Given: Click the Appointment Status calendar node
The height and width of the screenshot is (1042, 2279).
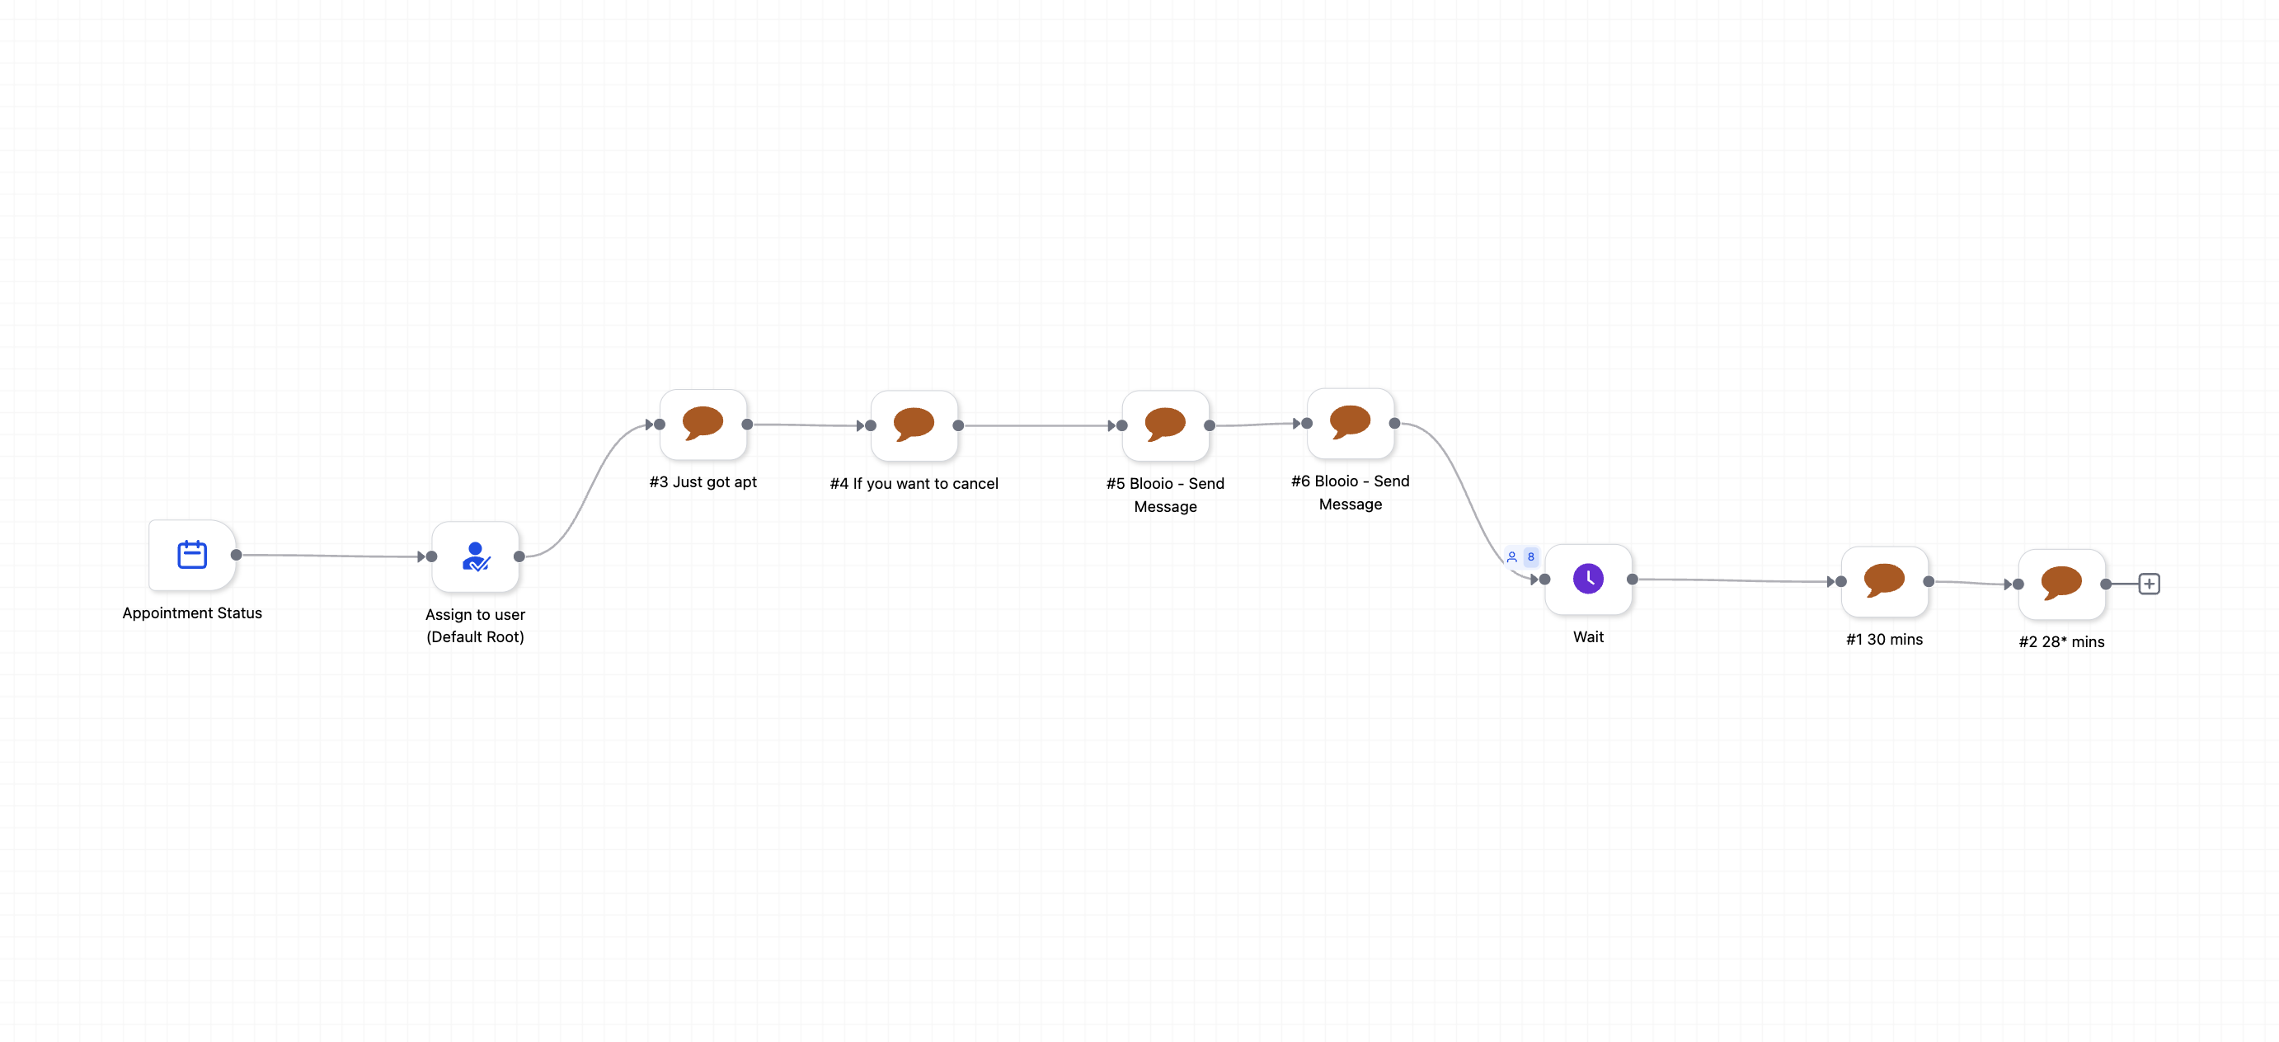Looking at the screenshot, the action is (192, 556).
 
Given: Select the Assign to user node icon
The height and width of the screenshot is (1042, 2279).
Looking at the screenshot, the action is (475, 556).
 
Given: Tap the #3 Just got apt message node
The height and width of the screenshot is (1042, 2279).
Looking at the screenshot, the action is (703, 425).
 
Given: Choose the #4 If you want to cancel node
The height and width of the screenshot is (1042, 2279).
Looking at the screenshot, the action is (914, 425).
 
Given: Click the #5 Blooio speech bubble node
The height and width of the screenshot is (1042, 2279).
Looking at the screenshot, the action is (1165, 425).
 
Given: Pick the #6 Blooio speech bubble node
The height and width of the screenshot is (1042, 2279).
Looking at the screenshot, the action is (1350, 424).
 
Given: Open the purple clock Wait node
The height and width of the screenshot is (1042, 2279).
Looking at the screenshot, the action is (1588, 580).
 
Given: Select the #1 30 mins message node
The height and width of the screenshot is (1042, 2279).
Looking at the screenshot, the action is (1884, 581).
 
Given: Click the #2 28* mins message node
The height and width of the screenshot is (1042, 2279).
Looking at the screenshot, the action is (2061, 584).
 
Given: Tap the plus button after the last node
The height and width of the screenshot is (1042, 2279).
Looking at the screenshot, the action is (2149, 584).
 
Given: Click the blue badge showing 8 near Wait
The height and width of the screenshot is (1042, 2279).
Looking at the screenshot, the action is (1530, 556).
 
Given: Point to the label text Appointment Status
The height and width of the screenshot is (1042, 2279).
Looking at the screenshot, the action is (192, 613).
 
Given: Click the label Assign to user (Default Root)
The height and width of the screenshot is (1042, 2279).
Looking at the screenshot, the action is (475, 626).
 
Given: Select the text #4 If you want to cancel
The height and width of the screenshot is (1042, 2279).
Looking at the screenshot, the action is (914, 484).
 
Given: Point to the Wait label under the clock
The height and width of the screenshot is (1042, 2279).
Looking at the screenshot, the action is (1588, 637).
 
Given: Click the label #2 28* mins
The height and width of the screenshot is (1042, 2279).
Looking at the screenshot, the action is (2061, 642).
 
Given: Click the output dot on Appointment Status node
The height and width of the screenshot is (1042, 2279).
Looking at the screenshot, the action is (236, 556).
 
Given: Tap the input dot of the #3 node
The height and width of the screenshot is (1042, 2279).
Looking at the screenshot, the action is (659, 425).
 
